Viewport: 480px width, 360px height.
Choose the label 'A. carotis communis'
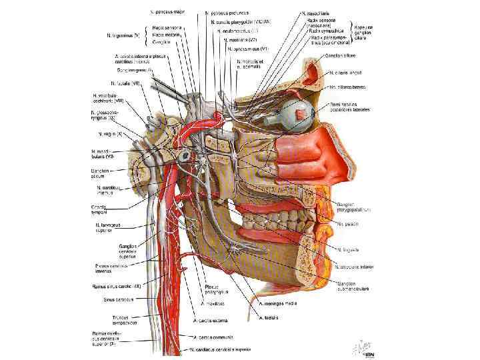(x=212, y=337)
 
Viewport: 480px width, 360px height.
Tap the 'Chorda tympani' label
(x=103, y=209)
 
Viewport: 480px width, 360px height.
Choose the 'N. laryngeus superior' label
(x=107, y=229)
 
